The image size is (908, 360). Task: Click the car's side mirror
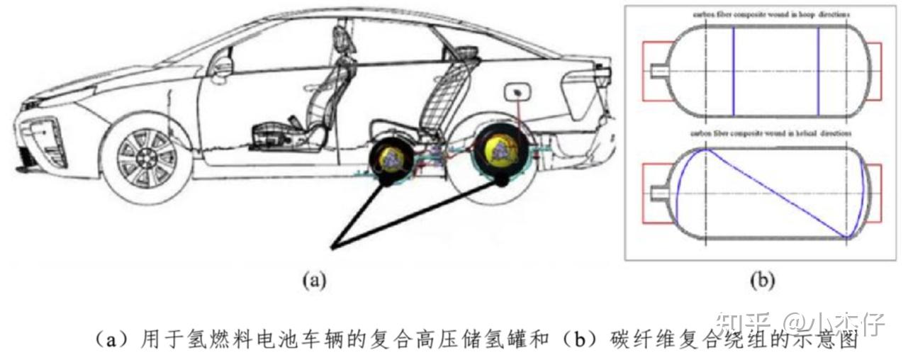[222, 67]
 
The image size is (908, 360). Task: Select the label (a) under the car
[313, 281]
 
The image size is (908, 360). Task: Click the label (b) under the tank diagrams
[761, 281]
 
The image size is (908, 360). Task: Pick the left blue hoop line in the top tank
[733, 71]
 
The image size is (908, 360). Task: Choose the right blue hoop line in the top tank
[818, 71]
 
